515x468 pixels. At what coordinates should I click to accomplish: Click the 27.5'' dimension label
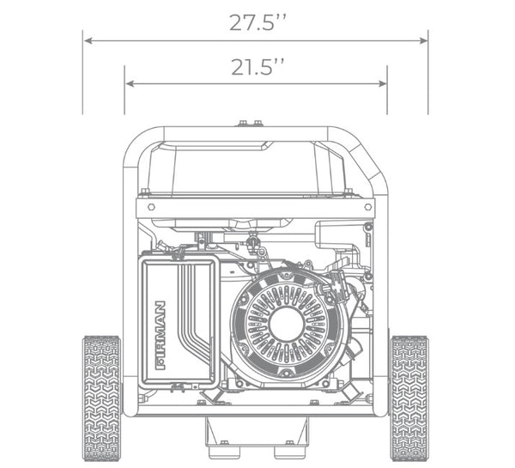pyautogui.click(x=257, y=22)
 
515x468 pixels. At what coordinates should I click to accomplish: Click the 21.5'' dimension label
pyautogui.click(x=257, y=67)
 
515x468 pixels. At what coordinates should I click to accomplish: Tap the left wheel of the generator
pyautogui.click(x=102, y=398)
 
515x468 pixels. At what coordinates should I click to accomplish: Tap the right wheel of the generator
pyautogui.click(x=409, y=398)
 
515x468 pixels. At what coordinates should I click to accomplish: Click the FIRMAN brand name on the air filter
pyautogui.click(x=161, y=335)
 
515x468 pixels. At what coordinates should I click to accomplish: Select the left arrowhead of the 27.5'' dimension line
pyautogui.click(x=88, y=40)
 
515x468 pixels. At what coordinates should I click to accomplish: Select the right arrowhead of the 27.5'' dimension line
pyautogui.click(x=423, y=40)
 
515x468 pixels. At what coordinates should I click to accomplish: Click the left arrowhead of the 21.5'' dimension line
pyautogui.click(x=130, y=84)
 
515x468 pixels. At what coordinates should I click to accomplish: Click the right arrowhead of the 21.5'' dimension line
pyautogui.click(x=382, y=84)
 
